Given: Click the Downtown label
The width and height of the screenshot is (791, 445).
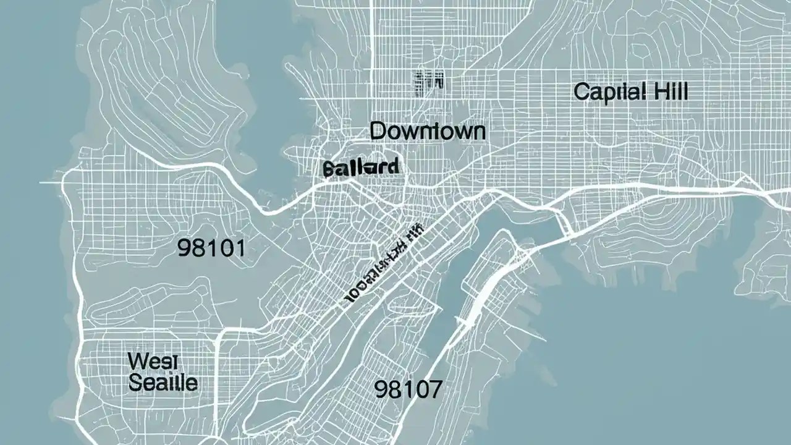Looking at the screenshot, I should [x=428, y=131].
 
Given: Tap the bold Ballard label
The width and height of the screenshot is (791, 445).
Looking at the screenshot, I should [x=361, y=167].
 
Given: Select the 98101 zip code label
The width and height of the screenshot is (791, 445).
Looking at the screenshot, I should [x=211, y=248].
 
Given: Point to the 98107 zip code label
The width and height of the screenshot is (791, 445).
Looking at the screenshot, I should [x=408, y=389].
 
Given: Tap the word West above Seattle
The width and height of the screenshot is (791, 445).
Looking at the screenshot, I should [x=148, y=360].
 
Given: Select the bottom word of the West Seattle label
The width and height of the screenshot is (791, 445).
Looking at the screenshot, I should [x=163, y=383].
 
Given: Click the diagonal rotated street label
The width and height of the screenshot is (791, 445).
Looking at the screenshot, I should [x=383, y=264].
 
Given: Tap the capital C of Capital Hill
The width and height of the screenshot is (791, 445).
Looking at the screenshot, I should [x=581, y=93].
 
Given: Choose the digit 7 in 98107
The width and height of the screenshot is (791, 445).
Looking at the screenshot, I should [x=435, y=389].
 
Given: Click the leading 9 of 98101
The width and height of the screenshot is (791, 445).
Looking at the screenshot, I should [x=184, y=248].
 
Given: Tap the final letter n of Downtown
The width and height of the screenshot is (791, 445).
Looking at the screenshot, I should [x=478, y=132].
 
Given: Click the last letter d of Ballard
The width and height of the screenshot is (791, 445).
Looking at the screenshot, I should [x=393, y=166].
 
